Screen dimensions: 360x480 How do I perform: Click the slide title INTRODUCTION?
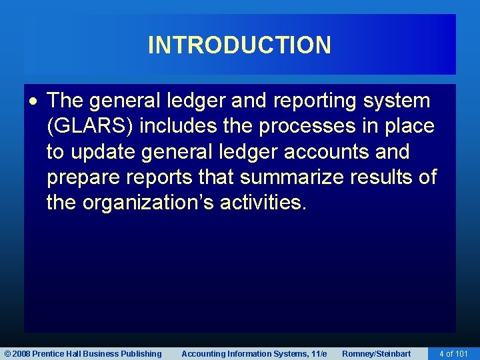coord(239,45)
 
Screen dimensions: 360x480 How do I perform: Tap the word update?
coord(103,152)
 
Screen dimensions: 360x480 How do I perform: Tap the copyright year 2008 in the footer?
coord(21,354)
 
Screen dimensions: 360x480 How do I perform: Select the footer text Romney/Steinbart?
coord(376,354)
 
